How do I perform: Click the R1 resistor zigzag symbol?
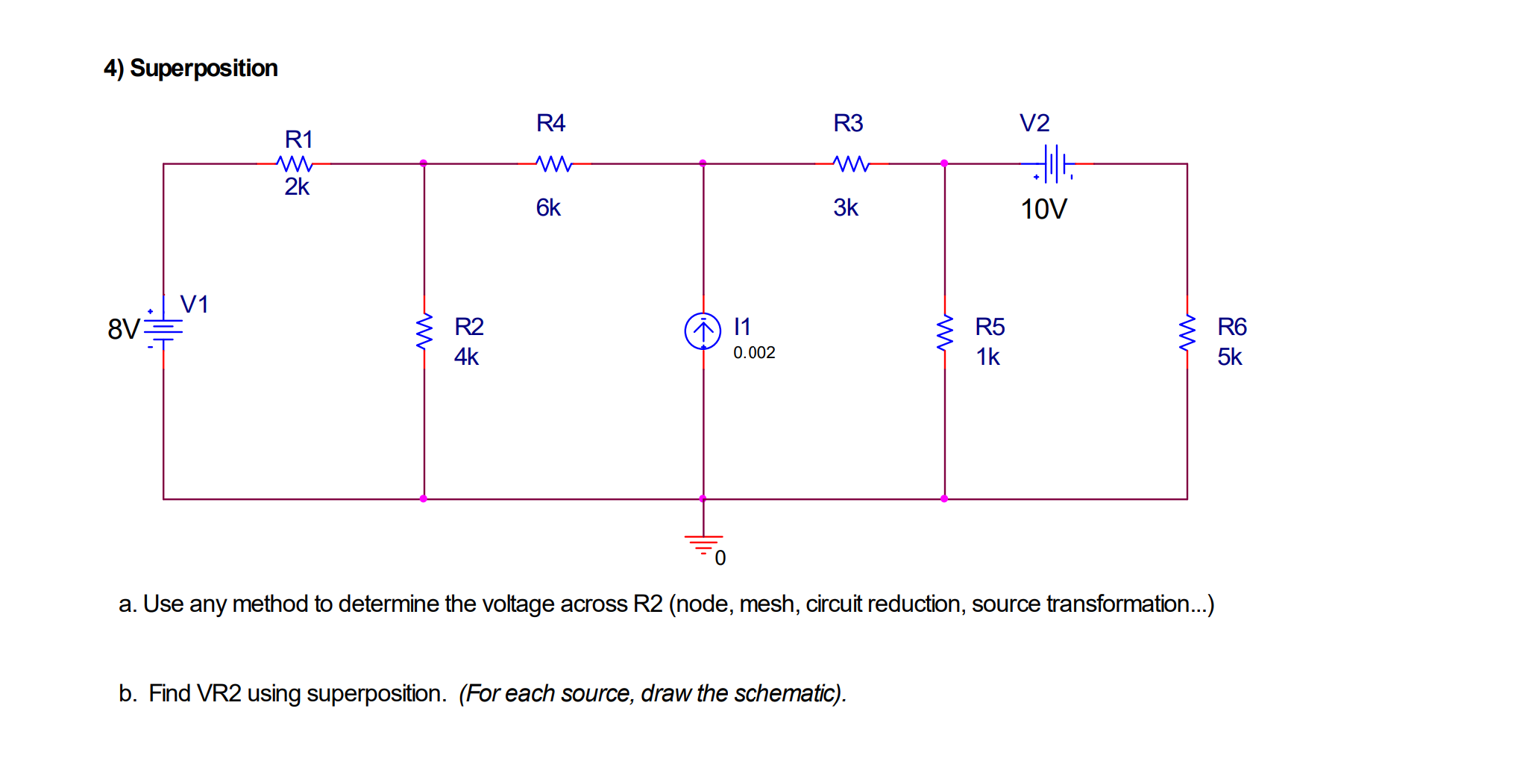point(294,163)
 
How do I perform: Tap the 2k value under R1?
point(296,187)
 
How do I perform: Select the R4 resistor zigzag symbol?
point(554,163)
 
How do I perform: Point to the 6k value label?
point(547,207)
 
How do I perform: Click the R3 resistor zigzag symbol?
point(851,163)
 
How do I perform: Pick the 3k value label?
point(845,207)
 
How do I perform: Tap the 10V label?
point(1043,209)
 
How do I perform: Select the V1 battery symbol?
point(163,329)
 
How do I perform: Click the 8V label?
point(123,329)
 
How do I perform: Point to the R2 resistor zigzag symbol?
point(424,332)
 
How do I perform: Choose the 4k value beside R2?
point(466,357)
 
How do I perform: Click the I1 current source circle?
point(703,331)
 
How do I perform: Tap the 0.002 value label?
point(753,352)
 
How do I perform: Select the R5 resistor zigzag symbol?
point(944,332)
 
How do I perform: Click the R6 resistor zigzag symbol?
point(1187,332)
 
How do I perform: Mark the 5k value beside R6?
point(1229,357)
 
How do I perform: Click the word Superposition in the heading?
point(204,68)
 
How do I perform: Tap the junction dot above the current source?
point(703,163)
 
